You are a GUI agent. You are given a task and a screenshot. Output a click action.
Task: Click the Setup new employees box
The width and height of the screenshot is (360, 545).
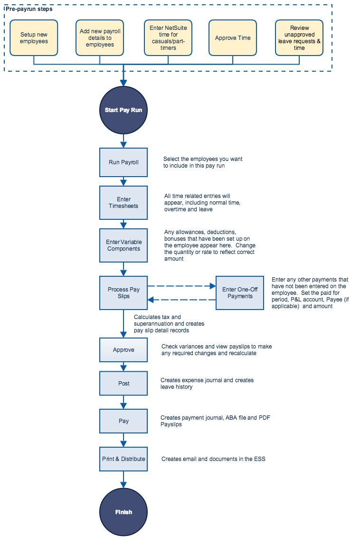click(34, 38)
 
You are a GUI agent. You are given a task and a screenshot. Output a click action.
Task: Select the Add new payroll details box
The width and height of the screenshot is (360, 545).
click(100, 38)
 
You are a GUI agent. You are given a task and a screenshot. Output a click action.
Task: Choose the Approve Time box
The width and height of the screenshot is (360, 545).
click(233, 38)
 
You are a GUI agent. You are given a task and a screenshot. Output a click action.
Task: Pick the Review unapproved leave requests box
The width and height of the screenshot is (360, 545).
click(299, 38)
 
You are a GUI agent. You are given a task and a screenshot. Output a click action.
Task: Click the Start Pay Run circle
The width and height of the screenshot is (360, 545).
click(123, 110)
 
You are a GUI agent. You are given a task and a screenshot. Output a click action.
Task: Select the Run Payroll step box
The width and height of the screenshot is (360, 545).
click(123, 162)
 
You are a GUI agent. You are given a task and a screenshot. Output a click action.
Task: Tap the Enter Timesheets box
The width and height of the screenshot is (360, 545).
click(123, 203)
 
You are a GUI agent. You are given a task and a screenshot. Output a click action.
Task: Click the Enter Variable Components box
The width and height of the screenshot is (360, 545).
click(123, 245)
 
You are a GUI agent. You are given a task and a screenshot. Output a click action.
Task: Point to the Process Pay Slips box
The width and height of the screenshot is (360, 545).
click(123, 293)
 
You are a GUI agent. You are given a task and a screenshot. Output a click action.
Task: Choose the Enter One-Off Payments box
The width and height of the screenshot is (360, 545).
click(240, 293)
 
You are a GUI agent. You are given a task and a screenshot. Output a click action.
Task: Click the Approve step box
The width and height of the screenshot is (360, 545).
click(123, 350)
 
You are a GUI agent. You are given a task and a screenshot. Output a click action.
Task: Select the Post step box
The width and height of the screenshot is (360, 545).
click(123, 383)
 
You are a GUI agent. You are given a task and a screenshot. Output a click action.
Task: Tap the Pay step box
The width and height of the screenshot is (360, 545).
click(123, 421)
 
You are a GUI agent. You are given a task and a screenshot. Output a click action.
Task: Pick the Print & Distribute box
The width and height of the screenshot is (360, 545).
click(123, 459)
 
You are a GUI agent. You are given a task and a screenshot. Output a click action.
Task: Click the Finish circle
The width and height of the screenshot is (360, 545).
click(123, 512)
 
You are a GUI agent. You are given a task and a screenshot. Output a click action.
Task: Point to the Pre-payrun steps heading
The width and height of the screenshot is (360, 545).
click(29, 9)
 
